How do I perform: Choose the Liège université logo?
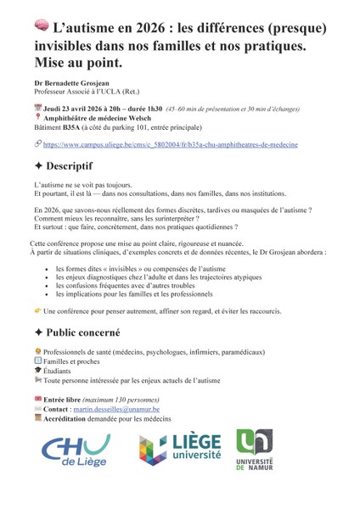[180, 450]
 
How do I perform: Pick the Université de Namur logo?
[256, 450]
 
